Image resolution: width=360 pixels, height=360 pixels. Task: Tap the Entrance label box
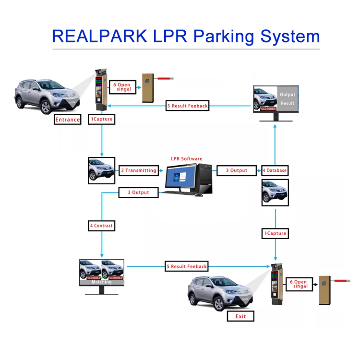[x=67, y=120]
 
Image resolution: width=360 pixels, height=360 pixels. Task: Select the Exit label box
[x=240, y=316]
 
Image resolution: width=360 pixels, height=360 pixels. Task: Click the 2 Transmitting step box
[x=139, y=170]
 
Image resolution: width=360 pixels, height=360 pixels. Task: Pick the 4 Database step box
[x=275, y=170]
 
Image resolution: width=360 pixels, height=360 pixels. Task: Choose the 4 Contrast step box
[x=101, y=225]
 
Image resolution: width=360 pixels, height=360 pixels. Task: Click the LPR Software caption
[x=187, y=159]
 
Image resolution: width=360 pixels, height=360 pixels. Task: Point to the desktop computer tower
[x=206, y=178]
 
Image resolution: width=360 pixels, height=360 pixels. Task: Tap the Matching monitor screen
[x=102, y=272]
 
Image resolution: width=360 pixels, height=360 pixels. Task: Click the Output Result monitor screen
[x=276, y=99]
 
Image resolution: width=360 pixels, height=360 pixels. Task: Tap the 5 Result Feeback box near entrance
[x=187, y=106]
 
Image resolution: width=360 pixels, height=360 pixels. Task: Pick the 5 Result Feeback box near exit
[x=187, y=266]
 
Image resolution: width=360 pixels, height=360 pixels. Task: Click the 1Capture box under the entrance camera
[x=102, y=119]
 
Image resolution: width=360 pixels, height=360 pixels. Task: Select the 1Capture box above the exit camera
[x=275, y=233]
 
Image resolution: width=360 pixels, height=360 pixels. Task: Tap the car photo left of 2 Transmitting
[x=101, y=170]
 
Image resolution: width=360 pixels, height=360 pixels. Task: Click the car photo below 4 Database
[x=275, y=193]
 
